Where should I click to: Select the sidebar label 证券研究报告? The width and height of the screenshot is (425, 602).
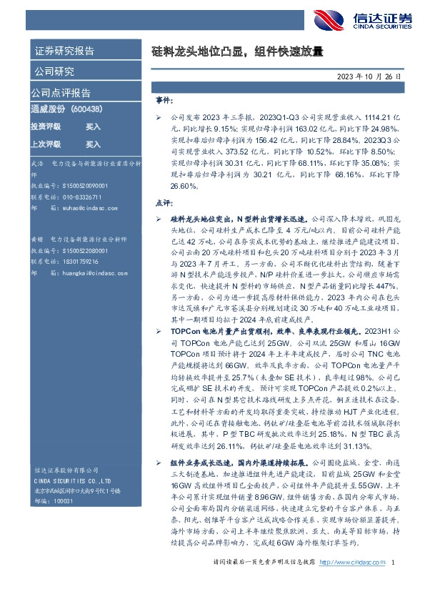[64, 51]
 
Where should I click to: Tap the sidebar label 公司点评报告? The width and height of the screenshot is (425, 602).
[61, 93]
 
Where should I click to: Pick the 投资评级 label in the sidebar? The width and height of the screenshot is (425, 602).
[46, 127]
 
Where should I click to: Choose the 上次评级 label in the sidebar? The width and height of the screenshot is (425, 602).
[46, 144]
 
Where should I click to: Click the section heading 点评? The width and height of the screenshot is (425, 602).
[164, 203]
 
